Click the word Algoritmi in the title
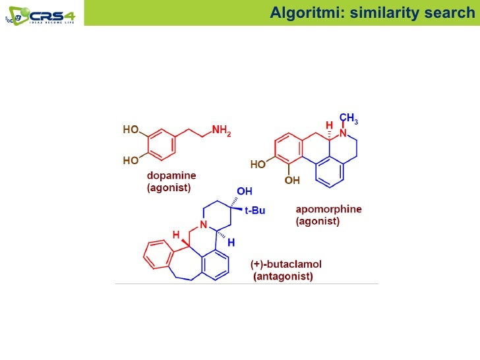pyautogui.click(x=307, y=13)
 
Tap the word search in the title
pyautogui.click(x=444, y=13)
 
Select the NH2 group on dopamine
pyautogui.click(x=221, y=132)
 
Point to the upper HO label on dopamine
pyautogui.click(x=131, y=131)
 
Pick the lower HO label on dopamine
pyautogui.click(x=131, y=160)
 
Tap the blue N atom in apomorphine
pyautogui.click(x=342, y=134)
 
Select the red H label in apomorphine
pyautogui.click(x=329, y=125)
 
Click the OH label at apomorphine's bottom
pyautogui.click(x=291, y=179)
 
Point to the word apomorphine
pyautogui.click(x=328, y=210)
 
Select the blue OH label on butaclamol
pyautogui.click(x=245, y=192)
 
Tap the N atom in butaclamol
pyautogui.click(x=204, y=226)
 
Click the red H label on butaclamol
pyautogui.click(x=176, y=234)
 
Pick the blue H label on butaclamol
pyautogui.click(x=231, y=243)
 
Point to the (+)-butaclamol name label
pyautogui.click(x=286, y=264)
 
